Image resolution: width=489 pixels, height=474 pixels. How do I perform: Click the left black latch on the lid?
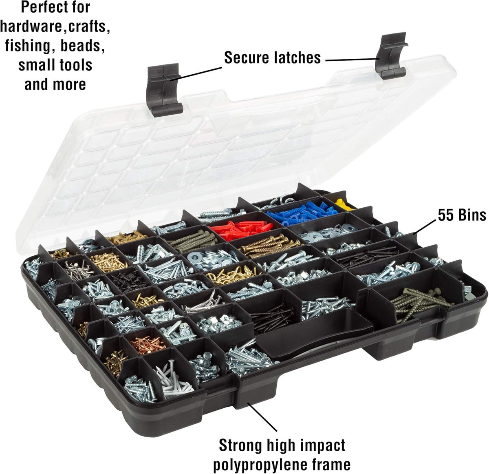tap(164, 90)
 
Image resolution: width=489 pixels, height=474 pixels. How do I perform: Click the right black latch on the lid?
tap(391, 56)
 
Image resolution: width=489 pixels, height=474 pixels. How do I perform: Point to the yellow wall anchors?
tap(344, 204)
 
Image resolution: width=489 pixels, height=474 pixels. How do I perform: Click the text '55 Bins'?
tap(462, 215)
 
